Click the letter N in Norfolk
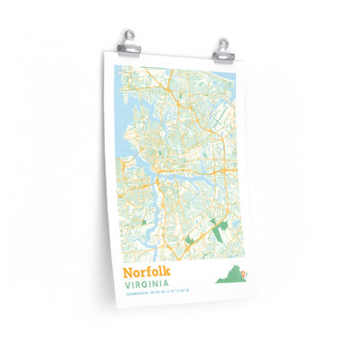click(x=130, y=273)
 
